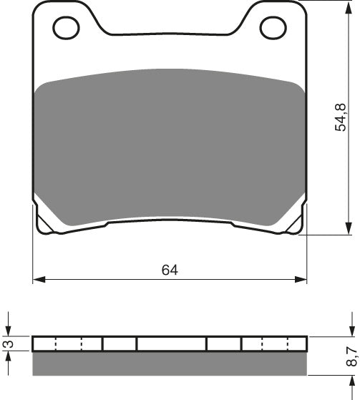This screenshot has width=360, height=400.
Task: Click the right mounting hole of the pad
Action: [273, 28]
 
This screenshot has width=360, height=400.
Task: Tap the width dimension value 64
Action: [170, 270]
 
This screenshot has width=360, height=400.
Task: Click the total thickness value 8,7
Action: [350, 356]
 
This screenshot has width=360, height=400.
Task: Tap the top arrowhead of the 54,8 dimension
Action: [349, 8]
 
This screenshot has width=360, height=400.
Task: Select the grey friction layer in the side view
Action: [170, 363]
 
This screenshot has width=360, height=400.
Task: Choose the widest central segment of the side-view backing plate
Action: [171, 344]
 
